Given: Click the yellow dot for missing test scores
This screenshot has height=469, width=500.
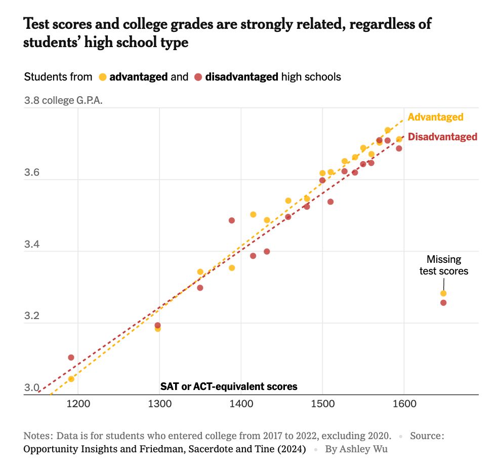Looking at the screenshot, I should click(443, 293).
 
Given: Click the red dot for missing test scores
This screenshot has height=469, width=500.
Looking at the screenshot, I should click(443, 303).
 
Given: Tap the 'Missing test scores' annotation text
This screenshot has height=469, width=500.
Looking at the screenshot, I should click(444, 265).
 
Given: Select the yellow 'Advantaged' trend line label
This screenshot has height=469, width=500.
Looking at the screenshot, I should click(435, 117).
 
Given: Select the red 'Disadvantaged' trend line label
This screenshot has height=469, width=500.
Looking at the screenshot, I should click(442, 137).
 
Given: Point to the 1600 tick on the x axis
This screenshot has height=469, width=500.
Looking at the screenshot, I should click(404, 404).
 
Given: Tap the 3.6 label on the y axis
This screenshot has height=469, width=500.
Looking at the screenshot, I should click(31, 173).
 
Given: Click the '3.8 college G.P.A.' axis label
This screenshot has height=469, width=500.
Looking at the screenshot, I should click(63, 100).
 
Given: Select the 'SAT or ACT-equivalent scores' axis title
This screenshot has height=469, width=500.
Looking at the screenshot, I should click(229, 387).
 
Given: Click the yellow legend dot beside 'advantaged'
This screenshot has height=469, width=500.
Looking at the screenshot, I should click(103, 77).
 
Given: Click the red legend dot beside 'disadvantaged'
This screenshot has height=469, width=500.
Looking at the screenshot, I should click(198, 77).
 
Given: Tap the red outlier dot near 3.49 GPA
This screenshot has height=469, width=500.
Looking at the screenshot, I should click(232, 220).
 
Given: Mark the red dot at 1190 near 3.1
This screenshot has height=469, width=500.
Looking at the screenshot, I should click(71, 358).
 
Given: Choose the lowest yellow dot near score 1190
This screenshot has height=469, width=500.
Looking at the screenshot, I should click(71, 379).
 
